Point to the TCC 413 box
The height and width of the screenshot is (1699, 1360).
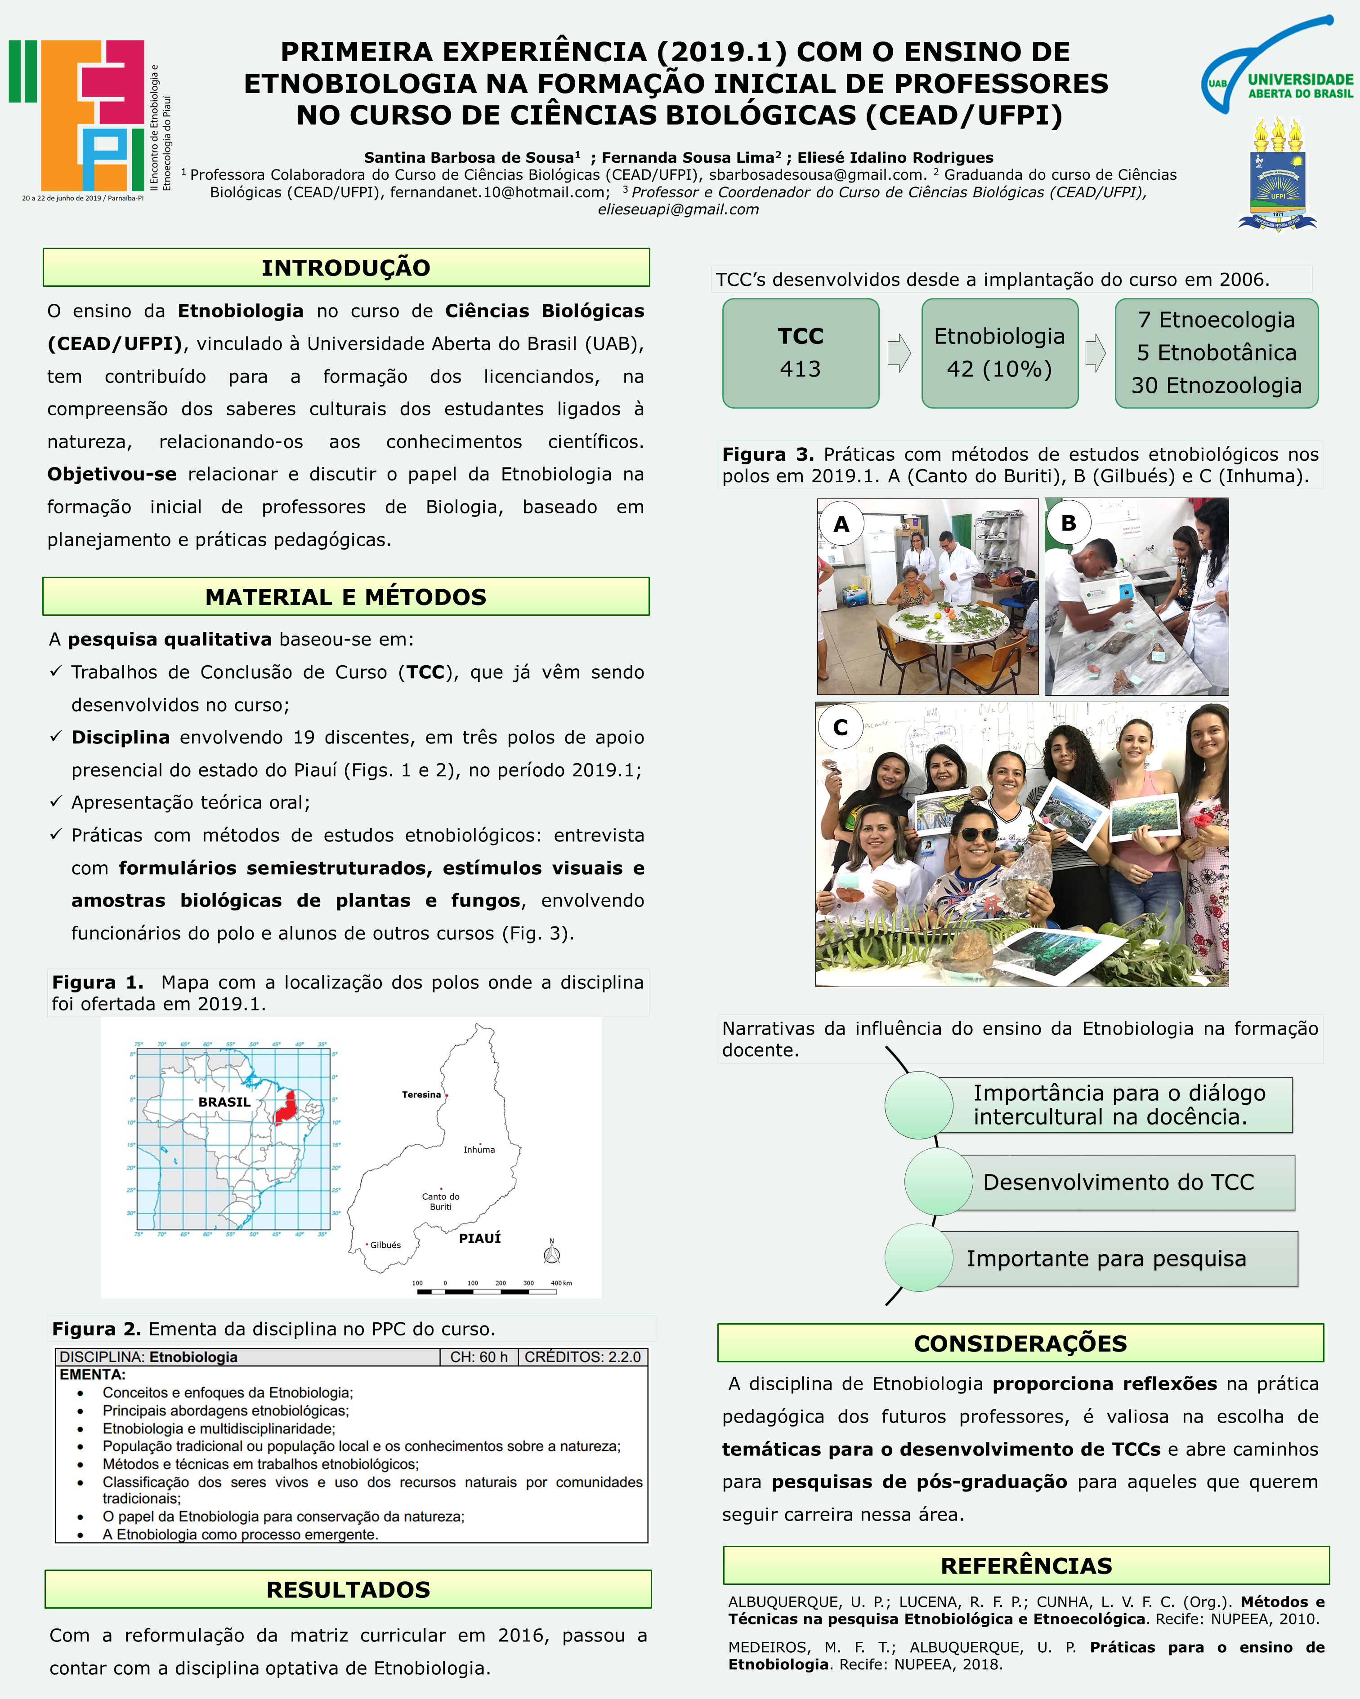click(800, 353)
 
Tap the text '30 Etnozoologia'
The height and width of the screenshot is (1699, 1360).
click(1217, 385)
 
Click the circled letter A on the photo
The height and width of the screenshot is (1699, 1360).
click(841, 524)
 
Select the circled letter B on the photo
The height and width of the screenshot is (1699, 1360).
click(1068, 522)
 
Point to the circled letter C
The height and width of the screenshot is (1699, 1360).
click(841, 727)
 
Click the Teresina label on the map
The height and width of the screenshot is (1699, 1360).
click(421, 1094)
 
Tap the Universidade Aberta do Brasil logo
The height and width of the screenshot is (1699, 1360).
click(1277, 67)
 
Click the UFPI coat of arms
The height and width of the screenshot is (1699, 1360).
click(1277, 175)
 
